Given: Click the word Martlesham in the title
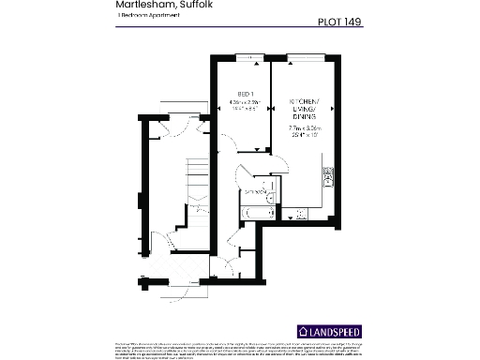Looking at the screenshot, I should click(x=141, y=6).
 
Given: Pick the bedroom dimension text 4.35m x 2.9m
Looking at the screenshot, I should click(x=243, y=106).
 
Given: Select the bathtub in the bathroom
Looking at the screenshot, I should click(x=256, y=215).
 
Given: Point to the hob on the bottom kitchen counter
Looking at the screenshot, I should click(x=300, y=215).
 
